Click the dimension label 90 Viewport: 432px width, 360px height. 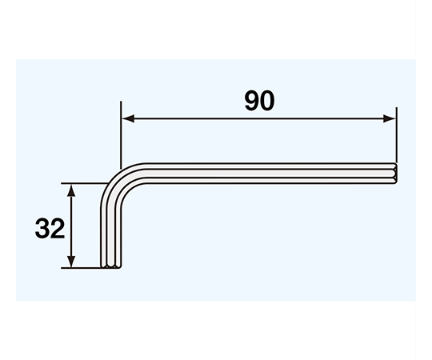(259, 101)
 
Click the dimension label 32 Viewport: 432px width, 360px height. (50, 229)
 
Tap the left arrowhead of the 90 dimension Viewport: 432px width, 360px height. (128, 118)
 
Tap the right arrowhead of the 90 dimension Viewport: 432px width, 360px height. (390, 118)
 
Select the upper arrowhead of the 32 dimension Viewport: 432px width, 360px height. (71, 190)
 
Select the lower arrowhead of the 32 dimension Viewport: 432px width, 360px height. (71, 262)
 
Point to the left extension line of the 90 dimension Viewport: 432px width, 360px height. (121, 135)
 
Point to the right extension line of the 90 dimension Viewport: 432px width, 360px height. (397, 135)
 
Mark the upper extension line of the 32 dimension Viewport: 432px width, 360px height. (82, 183)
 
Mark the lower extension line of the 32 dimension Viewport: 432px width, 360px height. (82, 268)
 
